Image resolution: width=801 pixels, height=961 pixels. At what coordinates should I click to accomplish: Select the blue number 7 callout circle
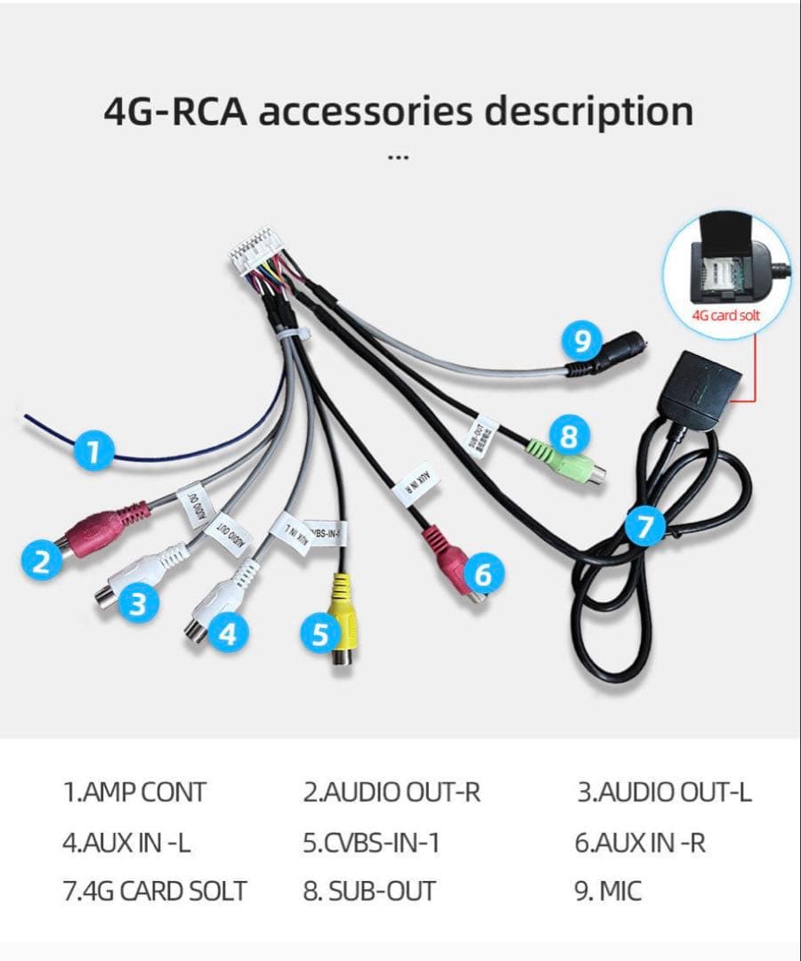645,528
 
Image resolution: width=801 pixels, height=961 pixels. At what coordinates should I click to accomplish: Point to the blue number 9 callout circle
582,341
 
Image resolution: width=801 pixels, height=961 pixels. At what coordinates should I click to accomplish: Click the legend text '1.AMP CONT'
134,792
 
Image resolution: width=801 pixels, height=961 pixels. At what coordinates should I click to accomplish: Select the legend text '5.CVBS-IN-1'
371,842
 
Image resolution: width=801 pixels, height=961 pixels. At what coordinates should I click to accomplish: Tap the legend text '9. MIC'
608,891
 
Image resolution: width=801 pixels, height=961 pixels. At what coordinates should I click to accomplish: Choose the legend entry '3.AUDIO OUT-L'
664,792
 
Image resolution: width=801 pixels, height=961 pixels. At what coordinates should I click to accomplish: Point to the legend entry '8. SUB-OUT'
369,891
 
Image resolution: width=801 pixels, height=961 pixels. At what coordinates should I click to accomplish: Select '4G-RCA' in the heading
174,113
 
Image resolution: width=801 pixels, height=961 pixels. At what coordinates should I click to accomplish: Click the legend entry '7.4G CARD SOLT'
155,891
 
